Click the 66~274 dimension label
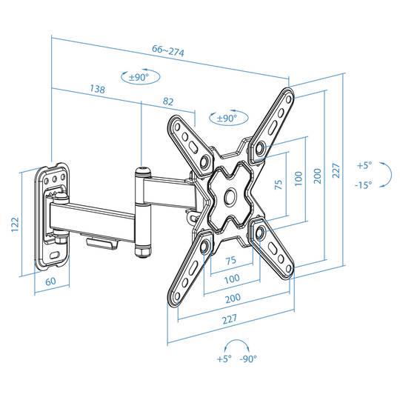pyautogui.click(x=168, y=50)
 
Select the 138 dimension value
pyautogui.click(x=97, y=89)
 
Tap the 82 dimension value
pyautogui.click(x=168, y=101)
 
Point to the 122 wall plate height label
pyautogui.click(x=15, y=224)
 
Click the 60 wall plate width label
pyautogui.click(x=50, y=281)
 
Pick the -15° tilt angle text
pyautogui.click(x=364, y=184)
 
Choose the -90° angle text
pyautogui.click(x=248, y=359)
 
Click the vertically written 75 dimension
pyautogui.click(x=279, y=184)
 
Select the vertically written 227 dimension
pyautogui.click(x=336, y=170)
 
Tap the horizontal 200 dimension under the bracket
pyautogui.click(x=233, y=298)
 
